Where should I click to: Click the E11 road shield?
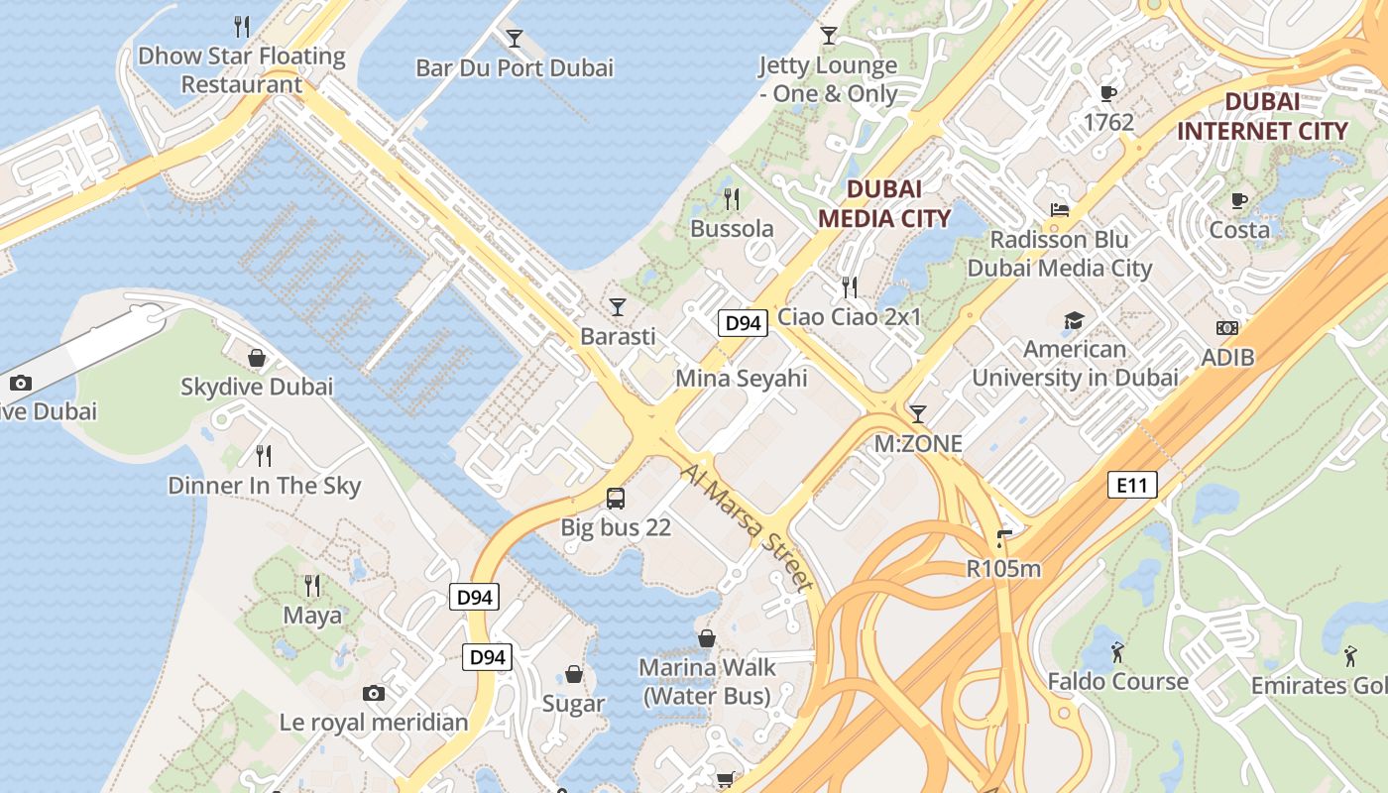(x=1131, y=485)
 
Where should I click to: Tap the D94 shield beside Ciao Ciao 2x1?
(x=743, y=322)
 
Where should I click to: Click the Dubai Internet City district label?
(x=1262, y=116)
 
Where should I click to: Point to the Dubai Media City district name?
(x=884, y=203)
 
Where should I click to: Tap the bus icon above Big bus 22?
(x=616, y=498)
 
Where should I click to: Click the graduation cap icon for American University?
(x=1074, y=320)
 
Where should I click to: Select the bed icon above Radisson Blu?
(x=1060, y=210)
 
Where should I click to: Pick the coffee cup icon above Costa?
(x=1238, y=201)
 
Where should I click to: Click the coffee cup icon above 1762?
(x=1108, y=93)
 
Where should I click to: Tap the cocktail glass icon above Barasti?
(x=618, y=306)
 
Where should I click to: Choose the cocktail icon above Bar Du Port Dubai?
(x=514, y=39)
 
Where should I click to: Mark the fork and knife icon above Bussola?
(x=732, y=199)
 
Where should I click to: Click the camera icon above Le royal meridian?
(x=373, y=693)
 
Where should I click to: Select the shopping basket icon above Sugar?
(x=573, y=675)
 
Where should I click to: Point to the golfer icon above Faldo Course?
(x=1117, y=652)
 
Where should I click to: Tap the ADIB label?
(x=1227, y=357)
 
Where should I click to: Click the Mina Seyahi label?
(x=742, y=378)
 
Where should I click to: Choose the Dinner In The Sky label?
(x=264, y=486)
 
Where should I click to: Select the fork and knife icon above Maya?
(x=312, y=585)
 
